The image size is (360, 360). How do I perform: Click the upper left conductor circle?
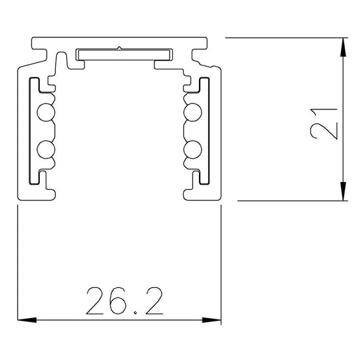(45, 113)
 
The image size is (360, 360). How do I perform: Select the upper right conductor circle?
(194, 113)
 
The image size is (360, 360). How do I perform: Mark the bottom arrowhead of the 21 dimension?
(344, 192)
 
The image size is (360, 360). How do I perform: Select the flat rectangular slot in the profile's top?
(118, 55)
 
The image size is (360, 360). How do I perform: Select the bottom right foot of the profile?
(200, 193)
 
